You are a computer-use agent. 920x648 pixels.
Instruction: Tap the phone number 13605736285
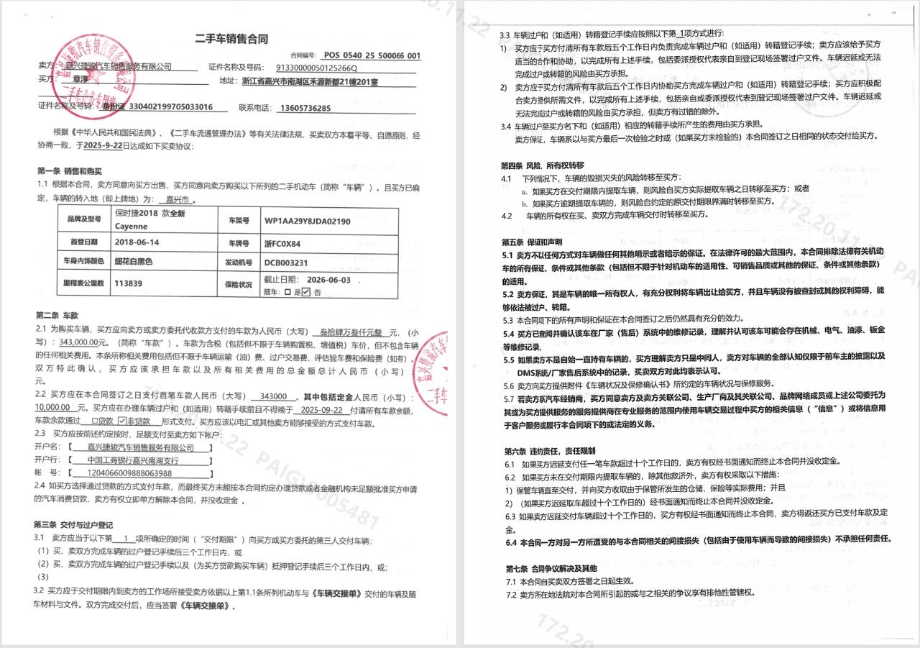click(305, 108)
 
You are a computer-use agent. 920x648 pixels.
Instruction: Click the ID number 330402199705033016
click(171, 107)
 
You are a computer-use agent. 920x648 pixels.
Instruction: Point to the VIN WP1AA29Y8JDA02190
click(307, 221)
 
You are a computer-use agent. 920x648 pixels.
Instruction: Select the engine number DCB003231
click(286, 263)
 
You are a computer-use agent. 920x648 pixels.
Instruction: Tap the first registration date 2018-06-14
click(137, 242)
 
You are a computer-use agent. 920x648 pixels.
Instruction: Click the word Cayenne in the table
click(132, 226)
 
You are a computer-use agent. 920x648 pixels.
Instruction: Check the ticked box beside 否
click(306, 292)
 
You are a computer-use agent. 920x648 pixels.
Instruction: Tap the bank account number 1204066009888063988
click(129, 473)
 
